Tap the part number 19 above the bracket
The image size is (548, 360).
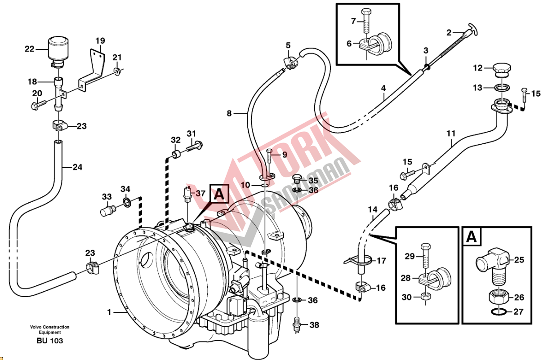pos(100,41)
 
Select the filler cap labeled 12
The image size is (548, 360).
pos(500,69)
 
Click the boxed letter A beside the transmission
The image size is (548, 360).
pos(219,194)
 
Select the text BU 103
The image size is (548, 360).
pos(49,341)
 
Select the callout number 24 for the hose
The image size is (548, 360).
pos(77,168)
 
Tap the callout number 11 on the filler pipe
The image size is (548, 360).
pos(451,133)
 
